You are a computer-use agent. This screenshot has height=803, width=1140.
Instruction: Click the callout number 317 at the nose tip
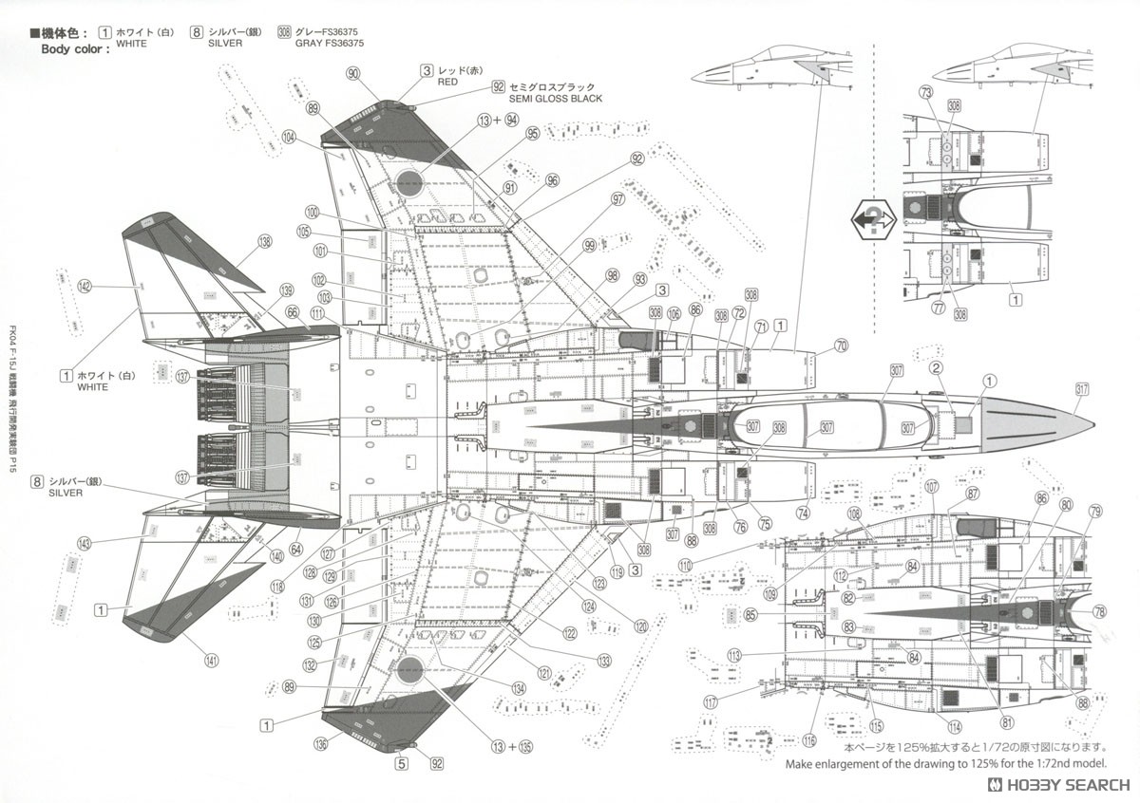(1082, 388)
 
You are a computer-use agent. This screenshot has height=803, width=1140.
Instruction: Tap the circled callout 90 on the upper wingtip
(353, 74)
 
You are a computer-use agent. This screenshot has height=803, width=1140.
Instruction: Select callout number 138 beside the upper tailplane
(264, 241)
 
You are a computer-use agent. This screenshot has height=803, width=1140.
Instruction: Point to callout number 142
(85, 286)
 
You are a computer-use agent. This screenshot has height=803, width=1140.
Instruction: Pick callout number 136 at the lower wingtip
(321, 743)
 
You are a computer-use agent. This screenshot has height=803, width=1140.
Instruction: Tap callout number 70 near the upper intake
(841, 346)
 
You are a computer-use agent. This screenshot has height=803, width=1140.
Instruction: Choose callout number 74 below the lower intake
(804, 513)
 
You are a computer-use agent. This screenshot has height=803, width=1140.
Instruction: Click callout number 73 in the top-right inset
(926, 92)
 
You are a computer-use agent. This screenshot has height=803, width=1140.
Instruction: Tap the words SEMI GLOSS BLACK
(555, 99)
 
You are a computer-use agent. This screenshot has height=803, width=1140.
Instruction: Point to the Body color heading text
(75, 48)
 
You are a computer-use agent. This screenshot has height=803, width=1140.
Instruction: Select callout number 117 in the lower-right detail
(711, 703)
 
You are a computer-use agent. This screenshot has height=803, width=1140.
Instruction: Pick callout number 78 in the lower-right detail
(1099, 611)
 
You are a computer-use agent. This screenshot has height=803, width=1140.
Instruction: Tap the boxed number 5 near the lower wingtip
(402, 762)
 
